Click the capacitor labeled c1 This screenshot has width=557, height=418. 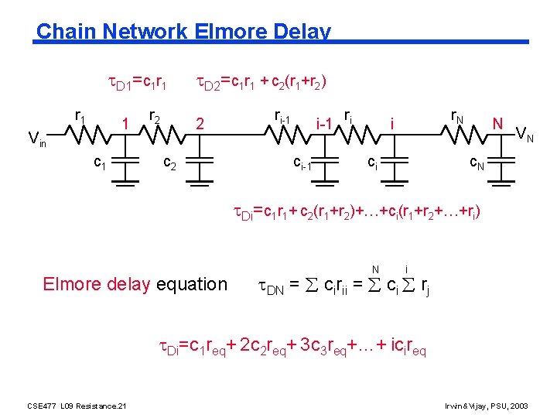124,175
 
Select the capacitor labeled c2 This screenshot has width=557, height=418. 199,175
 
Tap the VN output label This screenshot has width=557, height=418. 525,138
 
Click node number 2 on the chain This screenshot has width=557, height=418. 200,123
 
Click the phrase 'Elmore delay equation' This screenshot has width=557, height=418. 135,284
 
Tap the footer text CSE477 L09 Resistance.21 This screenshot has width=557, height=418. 77,406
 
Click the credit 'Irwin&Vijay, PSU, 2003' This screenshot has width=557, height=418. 486,406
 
